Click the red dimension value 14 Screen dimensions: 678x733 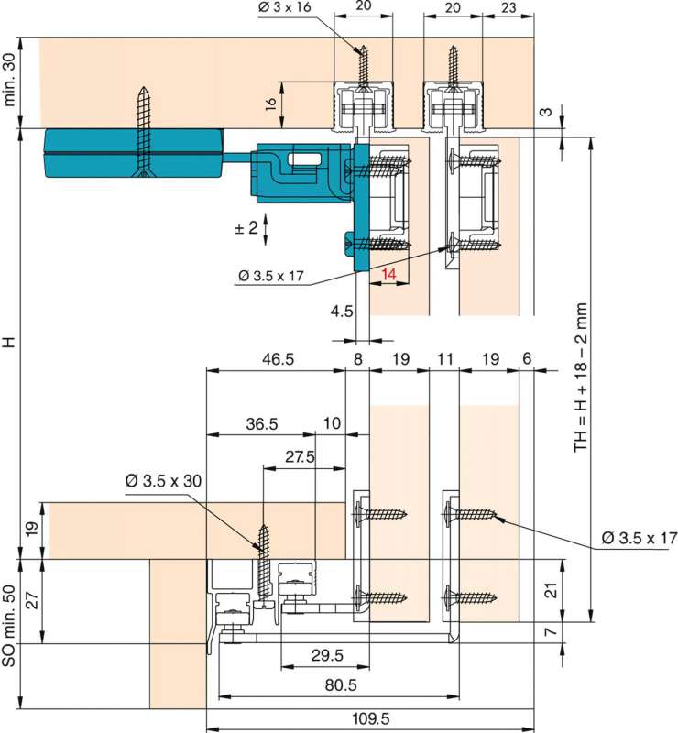[388, 274]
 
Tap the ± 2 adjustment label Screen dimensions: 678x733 [246, 228]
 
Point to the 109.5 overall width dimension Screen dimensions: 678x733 [371, 718]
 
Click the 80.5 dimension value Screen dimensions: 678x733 [341, 685]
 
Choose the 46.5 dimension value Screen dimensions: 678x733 [278, 359]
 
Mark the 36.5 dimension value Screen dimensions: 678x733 [262, 424]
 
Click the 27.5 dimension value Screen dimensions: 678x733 [300, 456]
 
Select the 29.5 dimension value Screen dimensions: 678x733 [327, 655]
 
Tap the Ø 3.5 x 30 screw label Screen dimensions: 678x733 [163, 480]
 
